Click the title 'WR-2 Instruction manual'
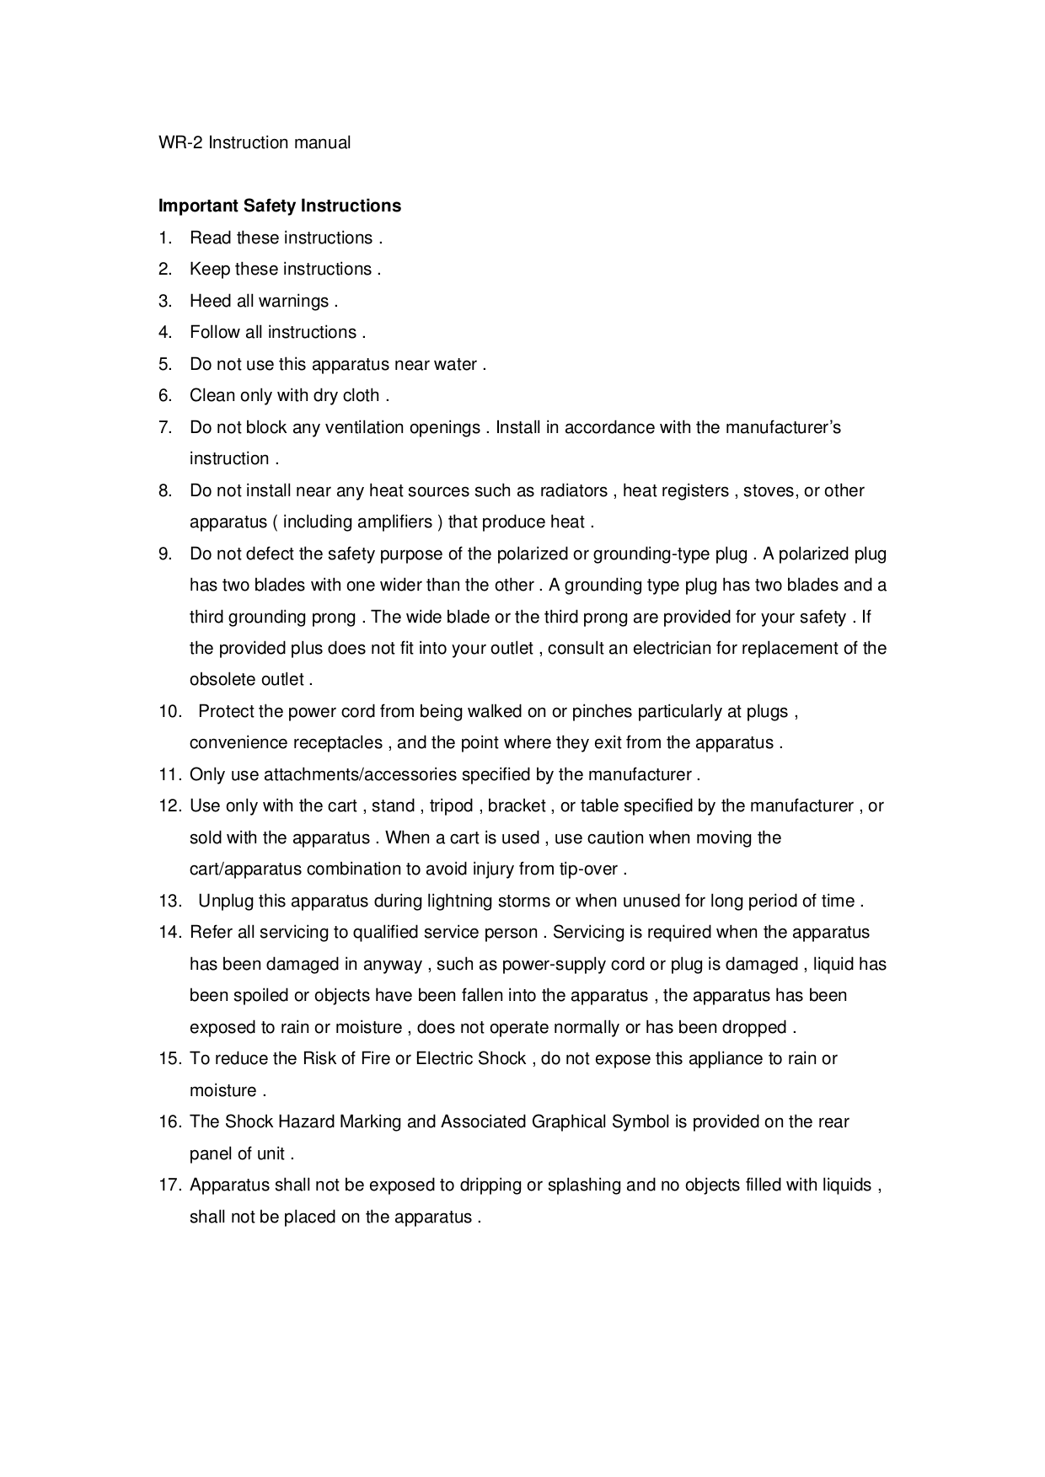coord(255,143)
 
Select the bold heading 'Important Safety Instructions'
coord(280,206)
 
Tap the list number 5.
coord(165,364)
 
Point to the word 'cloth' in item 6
coord(361,396)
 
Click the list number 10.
coord(170,712)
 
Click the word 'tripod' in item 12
coord(452,806)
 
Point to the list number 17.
coord(170,1185)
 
